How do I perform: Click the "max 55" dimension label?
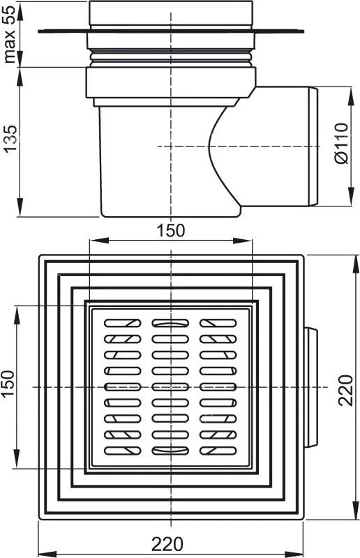tap(10, 34)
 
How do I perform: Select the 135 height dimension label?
tap(10, 138)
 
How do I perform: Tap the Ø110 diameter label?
tap(341, 144)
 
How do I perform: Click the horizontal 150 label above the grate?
tap(171, 230)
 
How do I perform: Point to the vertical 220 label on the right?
tap(345, 390)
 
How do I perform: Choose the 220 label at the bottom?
tap(167, 544)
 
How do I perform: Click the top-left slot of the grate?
tap(123, 323)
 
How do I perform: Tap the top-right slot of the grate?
tap(218, 323)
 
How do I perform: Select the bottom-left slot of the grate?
tap(123, 451)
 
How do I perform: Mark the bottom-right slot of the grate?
tap(218, 451)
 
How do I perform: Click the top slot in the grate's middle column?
tap(170, 323)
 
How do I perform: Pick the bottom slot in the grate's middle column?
tap(170, 451)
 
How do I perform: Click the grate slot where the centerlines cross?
tap(170, 387)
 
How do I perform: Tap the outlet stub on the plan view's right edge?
tap(310, 387)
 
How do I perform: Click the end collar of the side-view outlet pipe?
tap(313, 146)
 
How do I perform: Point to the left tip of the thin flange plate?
tap(38, 31)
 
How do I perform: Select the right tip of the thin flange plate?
tap(303, 31)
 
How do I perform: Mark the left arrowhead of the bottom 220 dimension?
tap(47, 554)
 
